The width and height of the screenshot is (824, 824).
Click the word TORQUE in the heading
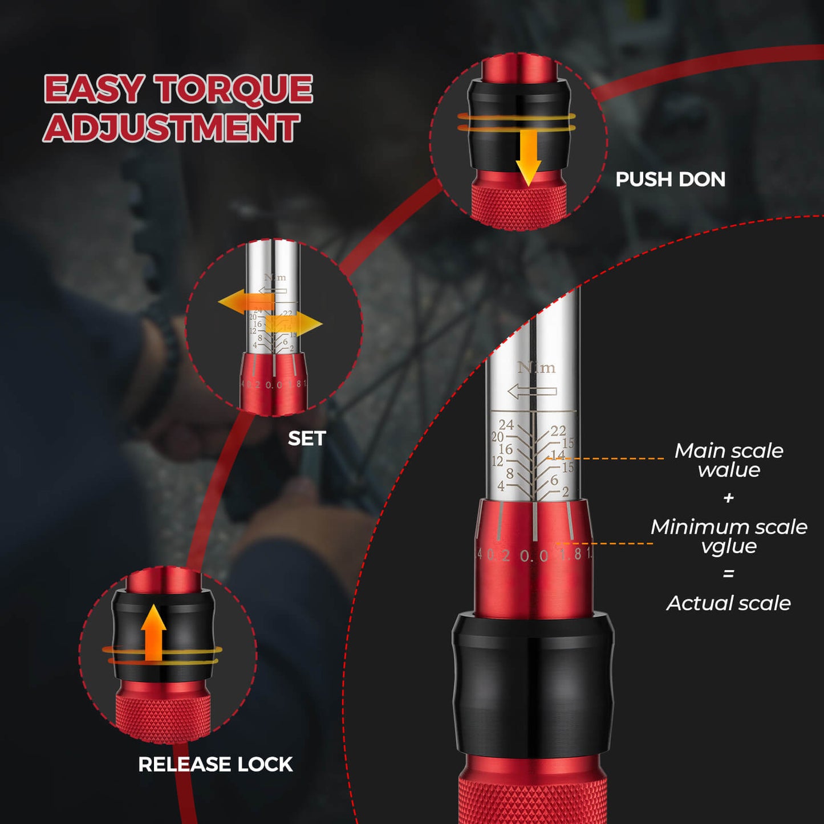click(x=234, y=90)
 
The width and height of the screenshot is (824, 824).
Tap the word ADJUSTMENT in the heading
click(x=172, y=128)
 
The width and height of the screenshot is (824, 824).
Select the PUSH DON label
click(x=670, y=180)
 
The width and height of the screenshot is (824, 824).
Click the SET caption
click(x=307, y=439)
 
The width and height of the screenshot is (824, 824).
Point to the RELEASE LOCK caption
click(x=215, y=764)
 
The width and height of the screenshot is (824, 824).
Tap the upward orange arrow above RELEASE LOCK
click(x=153, y=632)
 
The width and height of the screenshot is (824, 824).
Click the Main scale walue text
click(x=729, y=460)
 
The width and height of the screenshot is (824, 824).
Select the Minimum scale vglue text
click(x=729, y=536)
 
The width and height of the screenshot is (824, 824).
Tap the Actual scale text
click(x=729, y=603)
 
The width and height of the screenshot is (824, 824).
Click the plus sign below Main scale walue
click(x=728, y=498)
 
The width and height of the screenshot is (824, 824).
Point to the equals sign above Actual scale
click(x=728, y=574)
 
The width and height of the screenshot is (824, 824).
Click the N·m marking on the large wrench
click(x=536, y=368)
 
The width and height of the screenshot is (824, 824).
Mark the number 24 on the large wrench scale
click(x=506, y=425)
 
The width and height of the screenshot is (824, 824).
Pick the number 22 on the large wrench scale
click(x=558, y=431)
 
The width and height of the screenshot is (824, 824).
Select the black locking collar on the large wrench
click(x=533, y=684)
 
